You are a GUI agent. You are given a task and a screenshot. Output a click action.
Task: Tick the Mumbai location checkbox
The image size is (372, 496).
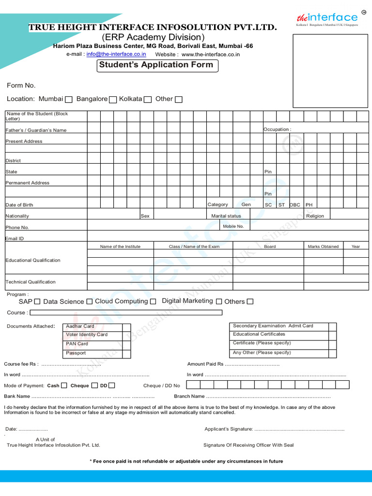click(x=69, y=99)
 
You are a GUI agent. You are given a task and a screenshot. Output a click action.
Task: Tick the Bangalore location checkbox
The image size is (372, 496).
click(x=113, y=99)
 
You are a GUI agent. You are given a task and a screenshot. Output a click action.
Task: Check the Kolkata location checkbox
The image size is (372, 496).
click(x=148, y=99)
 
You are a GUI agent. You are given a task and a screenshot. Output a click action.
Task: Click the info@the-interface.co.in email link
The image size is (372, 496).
click(x=116, y=54)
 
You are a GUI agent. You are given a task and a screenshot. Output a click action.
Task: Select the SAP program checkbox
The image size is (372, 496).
click(x=37, y=302)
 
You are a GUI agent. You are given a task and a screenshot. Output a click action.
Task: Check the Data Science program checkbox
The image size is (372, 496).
click(x=89, y=302)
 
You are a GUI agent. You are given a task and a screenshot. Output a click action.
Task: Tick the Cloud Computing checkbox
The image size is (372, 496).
click(x=153, y=302)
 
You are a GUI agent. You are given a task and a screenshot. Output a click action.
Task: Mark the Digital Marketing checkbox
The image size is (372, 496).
click(x=219, y=302)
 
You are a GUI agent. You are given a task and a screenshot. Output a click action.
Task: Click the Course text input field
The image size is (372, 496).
click(x=126, y=312)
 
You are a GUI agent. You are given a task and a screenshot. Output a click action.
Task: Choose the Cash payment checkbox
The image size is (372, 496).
click(x=64, y=386)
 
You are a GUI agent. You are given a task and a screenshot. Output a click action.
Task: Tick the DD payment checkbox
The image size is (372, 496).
click(x=112, y=386)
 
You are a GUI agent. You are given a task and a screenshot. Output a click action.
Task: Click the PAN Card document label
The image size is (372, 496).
click(x=77, y=344)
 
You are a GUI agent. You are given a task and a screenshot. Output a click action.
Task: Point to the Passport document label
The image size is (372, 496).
click(x=76, y=353)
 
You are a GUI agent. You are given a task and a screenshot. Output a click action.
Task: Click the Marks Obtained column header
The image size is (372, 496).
click(x=323, y=247)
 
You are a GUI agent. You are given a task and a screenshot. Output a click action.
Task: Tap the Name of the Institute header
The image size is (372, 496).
click(x=120, y=247)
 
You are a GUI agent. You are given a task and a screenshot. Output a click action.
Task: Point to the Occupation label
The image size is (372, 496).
click(x=277, y=129)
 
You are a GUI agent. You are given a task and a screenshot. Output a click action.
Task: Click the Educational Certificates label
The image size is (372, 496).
click(x=259, y=334)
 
